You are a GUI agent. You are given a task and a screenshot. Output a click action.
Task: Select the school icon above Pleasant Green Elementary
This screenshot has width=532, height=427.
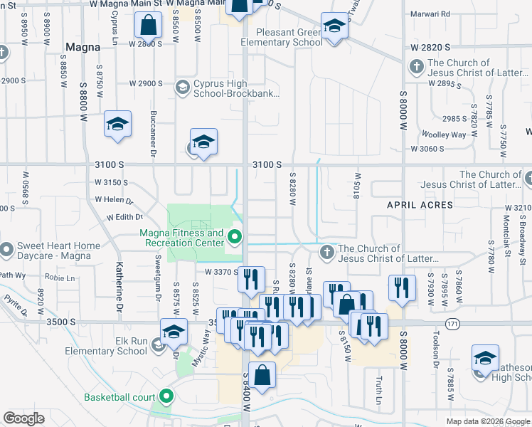333,27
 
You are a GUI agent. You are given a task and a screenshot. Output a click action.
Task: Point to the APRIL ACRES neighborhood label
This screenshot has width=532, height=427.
420,205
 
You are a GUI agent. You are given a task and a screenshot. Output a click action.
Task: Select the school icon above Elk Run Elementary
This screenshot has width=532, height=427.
174,332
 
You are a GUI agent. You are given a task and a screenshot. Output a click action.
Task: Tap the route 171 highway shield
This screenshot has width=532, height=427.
452,324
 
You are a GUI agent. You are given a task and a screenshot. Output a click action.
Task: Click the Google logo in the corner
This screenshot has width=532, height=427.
24,418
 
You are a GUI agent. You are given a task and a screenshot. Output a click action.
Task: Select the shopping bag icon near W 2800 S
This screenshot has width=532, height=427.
147,25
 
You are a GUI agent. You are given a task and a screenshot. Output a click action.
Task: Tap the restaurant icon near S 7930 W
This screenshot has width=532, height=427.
402,288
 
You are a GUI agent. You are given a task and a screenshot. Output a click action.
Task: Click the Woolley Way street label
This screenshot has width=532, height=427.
444,135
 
